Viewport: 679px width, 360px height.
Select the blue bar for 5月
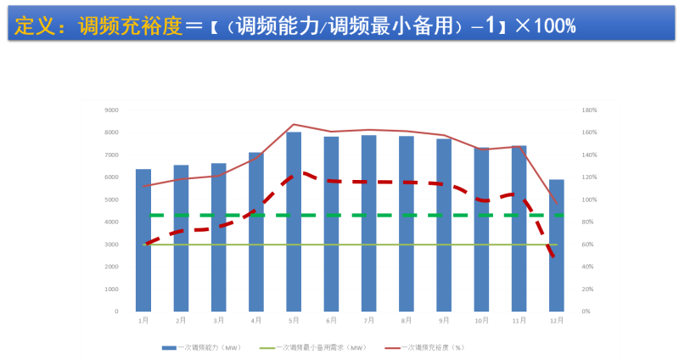[x=294, y=222]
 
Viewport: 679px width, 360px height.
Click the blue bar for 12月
[x=557, y=245]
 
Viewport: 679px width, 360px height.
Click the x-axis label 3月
[x=219, y=321]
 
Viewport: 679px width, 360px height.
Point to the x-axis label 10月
[x=481, y=321]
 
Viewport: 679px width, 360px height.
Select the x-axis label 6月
[x=331, y=321]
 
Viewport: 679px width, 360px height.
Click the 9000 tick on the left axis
[x=111, y=110]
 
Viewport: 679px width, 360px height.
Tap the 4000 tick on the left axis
[x=111, y=222]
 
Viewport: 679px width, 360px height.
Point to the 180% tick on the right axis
[x=590, y=110]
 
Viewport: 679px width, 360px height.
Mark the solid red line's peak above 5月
[x=294, y=125]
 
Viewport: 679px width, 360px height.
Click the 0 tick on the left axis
[x=116, y=312]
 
